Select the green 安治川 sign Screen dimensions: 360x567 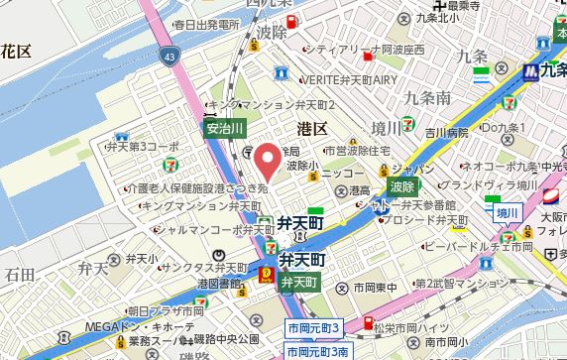pyautogui.click(x=224, y=127)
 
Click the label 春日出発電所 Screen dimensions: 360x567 pyautogui.click(x=205, y=24)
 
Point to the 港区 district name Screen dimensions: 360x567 pyautogui.click(x=313, y=128)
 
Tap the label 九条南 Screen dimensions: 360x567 pyautogui.click(x=428, y=97)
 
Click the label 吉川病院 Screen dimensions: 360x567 pyautogui.click(x=447, y=132)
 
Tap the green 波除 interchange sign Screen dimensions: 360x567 pyautogui.click(x=401, y=185)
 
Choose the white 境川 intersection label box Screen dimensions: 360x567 pyautogui.click(x=508, y=211)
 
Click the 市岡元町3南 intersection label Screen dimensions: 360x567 pyautogui.click(x=317, y=351)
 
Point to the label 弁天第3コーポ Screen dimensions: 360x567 pyautogui.click(x=146, y=146)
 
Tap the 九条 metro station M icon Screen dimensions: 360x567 pyautogui.click(x=532, y=71)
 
